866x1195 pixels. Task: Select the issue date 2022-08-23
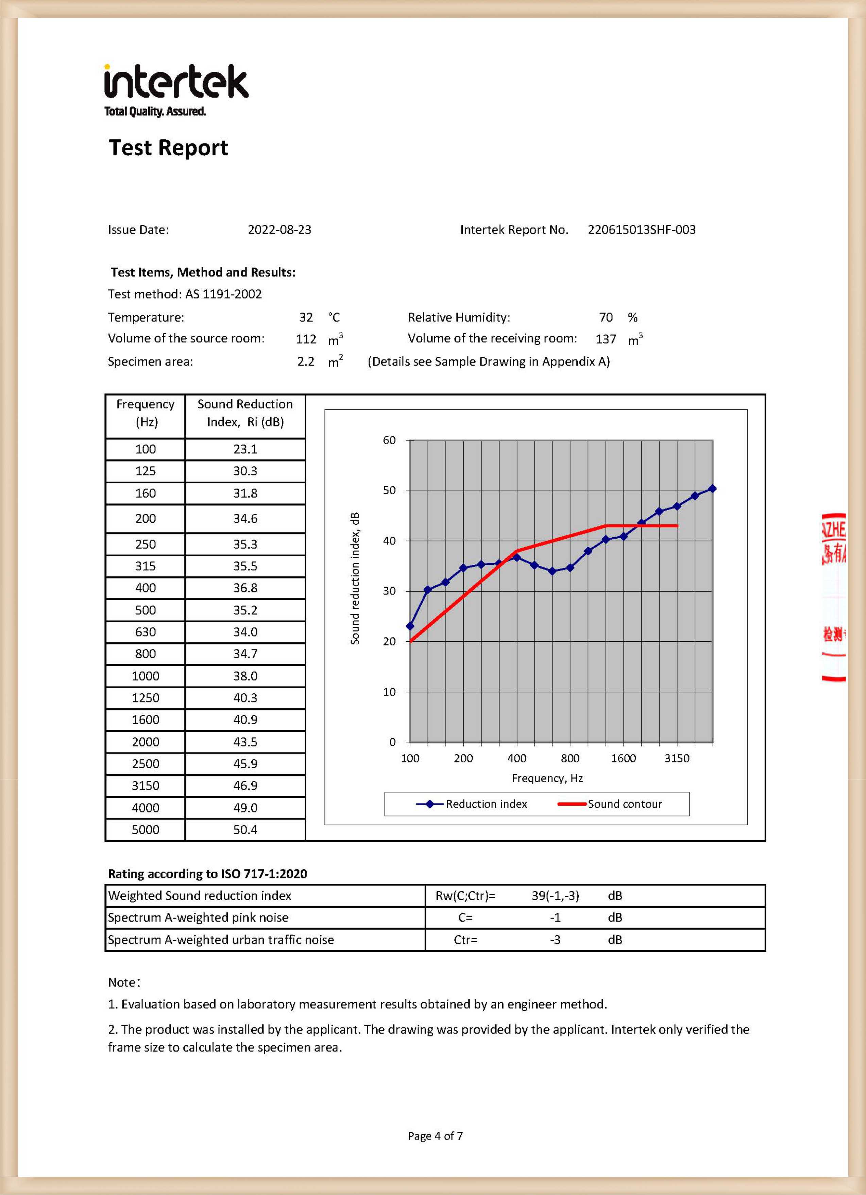(x=279, y=230)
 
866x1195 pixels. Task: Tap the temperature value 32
(x=306, y=317)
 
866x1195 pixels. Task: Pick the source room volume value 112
(x=306, y=339)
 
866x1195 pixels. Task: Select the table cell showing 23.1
(x=245, y=449)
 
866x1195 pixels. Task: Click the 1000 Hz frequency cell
(x=146, y=676)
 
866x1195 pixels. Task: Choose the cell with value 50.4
(x=245, y=830)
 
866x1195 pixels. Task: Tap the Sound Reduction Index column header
(x=245, y=413)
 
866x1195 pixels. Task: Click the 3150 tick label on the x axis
(x=676, y=758)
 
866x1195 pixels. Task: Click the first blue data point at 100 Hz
(x=410, y=626)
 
